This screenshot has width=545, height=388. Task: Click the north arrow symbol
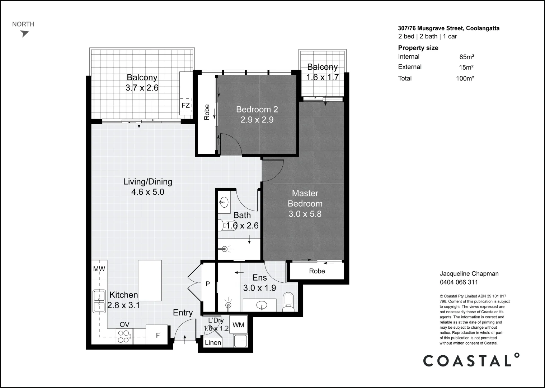coord(24,34)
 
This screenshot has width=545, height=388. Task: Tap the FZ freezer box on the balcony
coord(185,106)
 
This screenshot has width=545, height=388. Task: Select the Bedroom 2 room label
coord(257,109)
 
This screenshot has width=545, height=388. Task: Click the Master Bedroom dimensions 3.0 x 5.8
coord(305,214)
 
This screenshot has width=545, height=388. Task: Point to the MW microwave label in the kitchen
coord(99,269)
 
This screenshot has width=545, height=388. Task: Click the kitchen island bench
coord(150,281)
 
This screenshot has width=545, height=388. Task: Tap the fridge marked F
coord(157,335)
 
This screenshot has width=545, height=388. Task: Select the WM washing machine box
coord(238,325)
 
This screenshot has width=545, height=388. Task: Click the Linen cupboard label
coord(213,343)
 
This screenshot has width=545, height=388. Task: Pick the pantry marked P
coord(208,284)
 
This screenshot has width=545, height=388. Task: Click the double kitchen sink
coord(99,301)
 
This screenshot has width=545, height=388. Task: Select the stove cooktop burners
coord(124,336)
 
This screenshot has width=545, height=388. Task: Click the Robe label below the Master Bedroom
coord(317,271)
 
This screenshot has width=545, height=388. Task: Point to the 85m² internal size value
coord(466,57)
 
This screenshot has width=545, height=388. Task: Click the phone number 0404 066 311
coord(459,282)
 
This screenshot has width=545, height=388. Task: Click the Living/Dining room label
coord(147,182)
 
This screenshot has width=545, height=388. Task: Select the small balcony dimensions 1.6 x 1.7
coord(322,77)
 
